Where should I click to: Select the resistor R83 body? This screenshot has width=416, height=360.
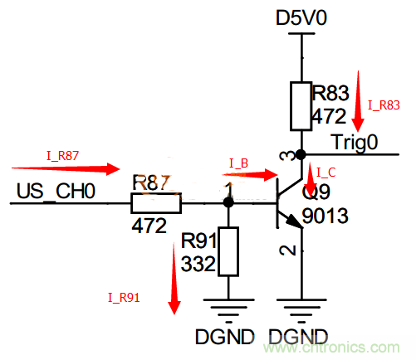pyautogui.click(x=301, y=106)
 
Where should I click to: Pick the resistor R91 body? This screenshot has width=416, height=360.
pyautogui.click(x=228, y=251)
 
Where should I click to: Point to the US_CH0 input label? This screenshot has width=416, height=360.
pyautogui.click(x=56, y=192)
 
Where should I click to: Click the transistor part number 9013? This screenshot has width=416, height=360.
pyautogui.click(x=326, y=217)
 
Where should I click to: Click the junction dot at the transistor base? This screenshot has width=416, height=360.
pyautogui.click(x=228, y=202)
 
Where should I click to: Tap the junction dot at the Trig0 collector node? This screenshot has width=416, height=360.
pyautogui.click(x=301, y=153)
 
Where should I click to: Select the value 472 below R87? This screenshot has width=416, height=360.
pyautogui.click(x=149, y=224)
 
